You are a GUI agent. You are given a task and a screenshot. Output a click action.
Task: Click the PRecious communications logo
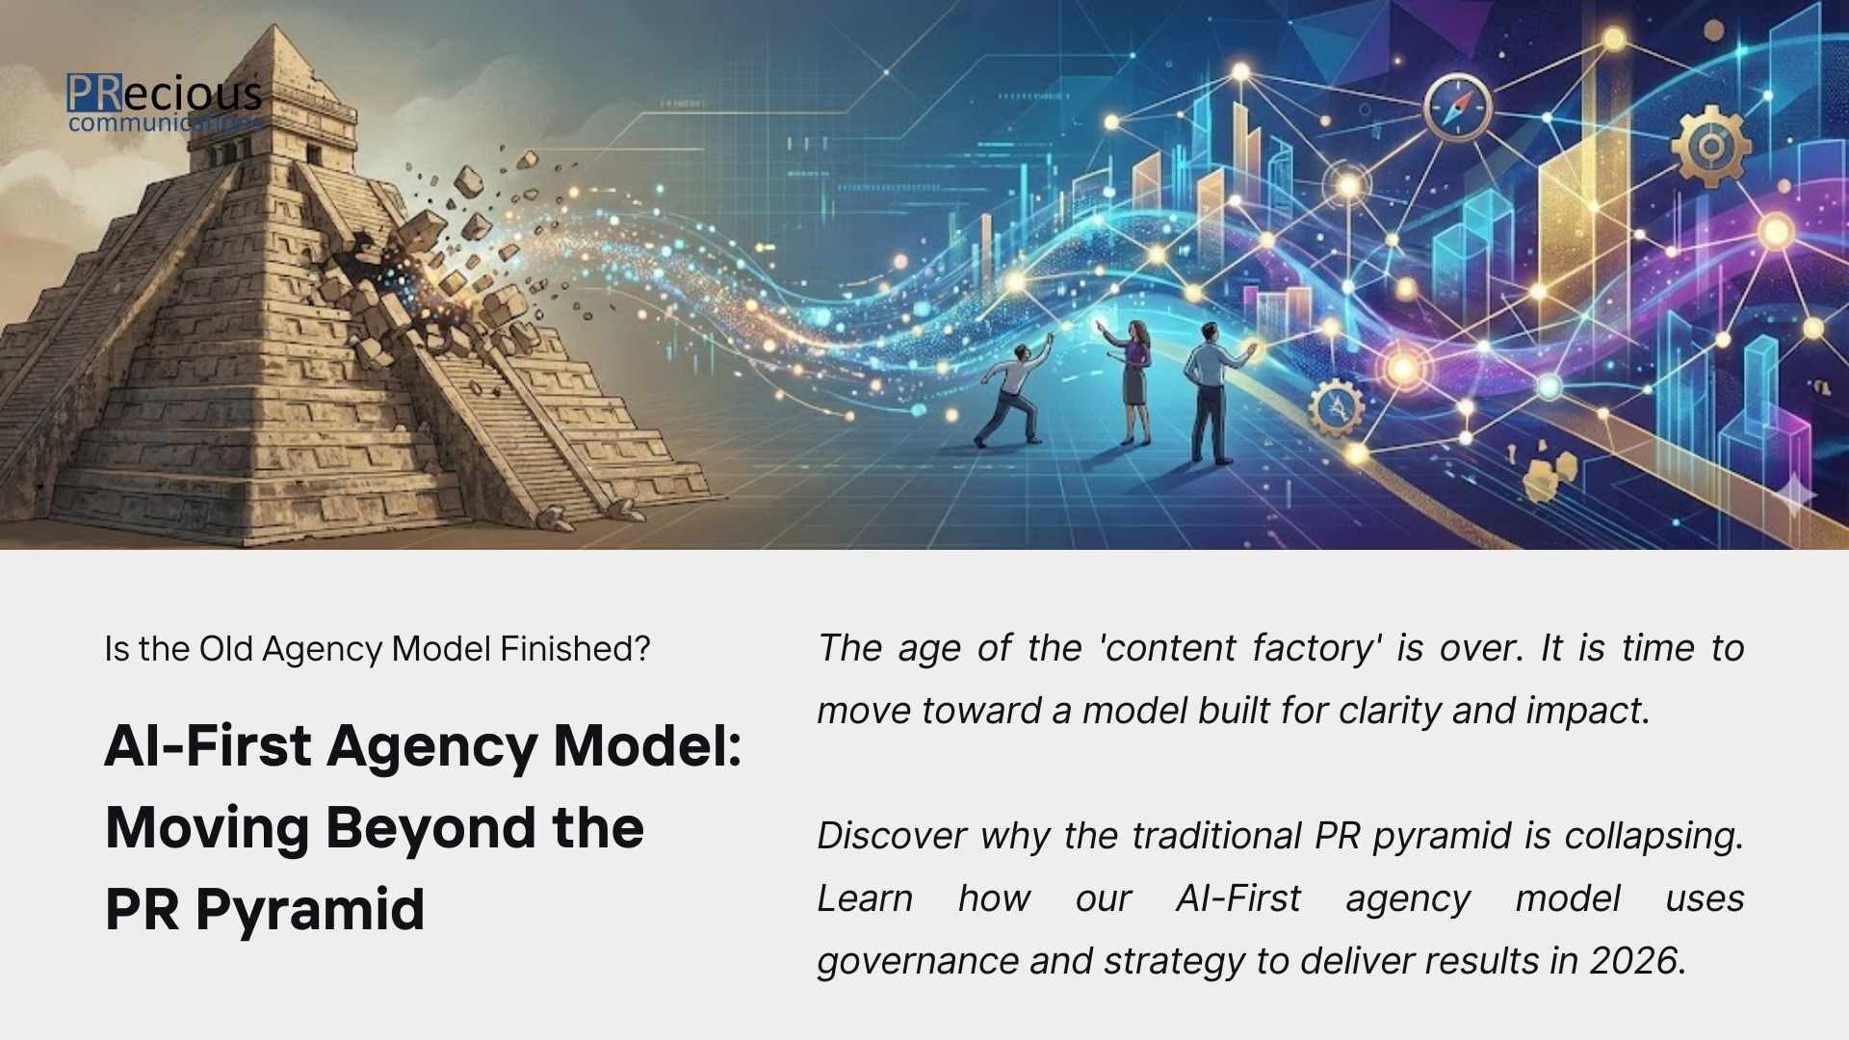pyautogui.click(x=164, y=102)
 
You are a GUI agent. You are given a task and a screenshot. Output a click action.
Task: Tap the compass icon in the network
pyautogui.click(x=1456, y=106)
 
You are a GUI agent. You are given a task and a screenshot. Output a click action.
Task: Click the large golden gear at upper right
pyautogui.click(x=1710, y=146)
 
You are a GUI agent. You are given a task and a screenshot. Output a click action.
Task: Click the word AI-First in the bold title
pyautogui.click(x=207, y=746)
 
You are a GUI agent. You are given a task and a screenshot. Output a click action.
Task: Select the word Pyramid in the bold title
pyautogui.click(x=309, y=909)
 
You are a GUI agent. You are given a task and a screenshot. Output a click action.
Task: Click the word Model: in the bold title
pyautogui.click(x=647, y=746)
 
